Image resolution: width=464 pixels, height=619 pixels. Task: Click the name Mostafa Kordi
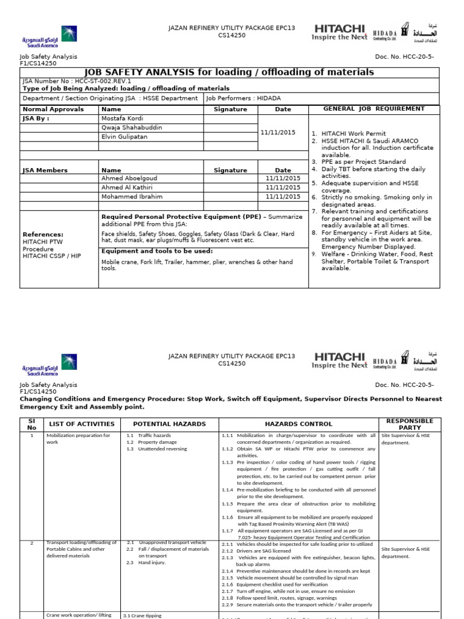pos(122,118)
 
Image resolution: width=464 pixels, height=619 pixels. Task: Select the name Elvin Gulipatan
pos(125,137)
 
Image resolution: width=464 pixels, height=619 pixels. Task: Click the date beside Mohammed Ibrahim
pos(283,196)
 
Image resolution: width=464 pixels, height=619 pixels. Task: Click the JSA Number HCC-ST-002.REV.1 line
pos(77,80)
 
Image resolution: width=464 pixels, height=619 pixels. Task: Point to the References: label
pos(43,235)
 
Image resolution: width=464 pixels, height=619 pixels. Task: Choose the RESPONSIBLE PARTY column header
pos(409,424)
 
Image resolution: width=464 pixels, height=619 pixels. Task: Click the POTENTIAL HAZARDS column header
pos(170,424)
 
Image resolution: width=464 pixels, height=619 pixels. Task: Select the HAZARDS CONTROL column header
pos(298,424)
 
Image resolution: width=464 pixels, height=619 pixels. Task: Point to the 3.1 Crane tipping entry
pos(143,615)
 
